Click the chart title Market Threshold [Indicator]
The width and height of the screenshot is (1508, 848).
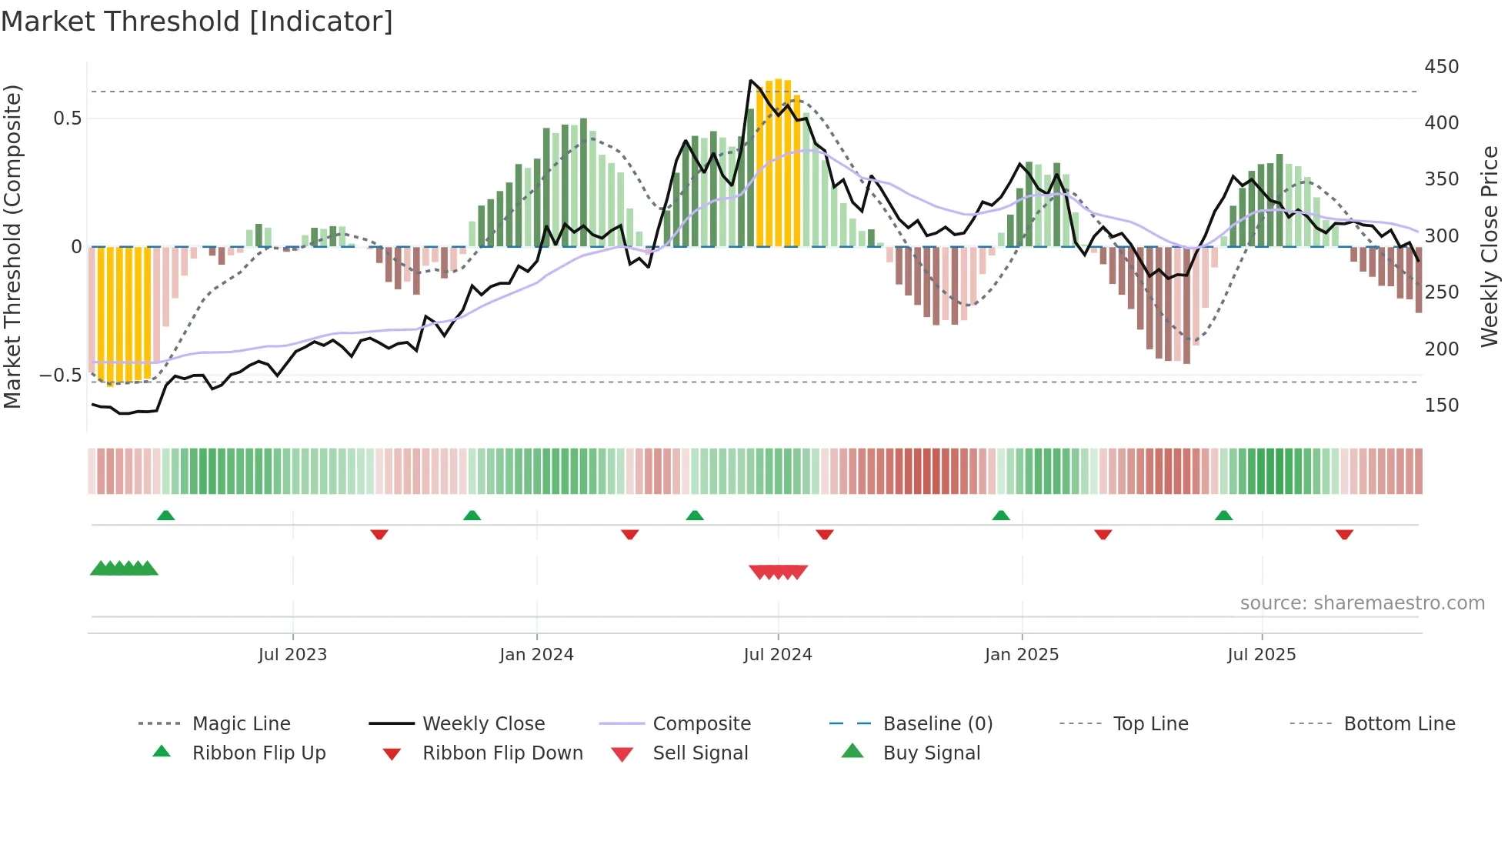pyautogui.click(x=197, y=22)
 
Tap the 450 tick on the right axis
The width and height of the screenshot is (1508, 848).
pyautogui.click(x=1441, y=67)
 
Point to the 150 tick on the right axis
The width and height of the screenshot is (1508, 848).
pyautogui.click(x=1441, y=406)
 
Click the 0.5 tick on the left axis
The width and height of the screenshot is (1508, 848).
pyautogui.click(x=67, y=119)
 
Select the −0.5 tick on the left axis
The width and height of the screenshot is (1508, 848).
pyautogui.click(x=61, y=376)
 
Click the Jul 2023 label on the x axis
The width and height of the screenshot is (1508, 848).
pyautogui.click(x=292, y=655)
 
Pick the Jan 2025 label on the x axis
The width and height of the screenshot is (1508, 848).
pyautogui.click(x=1021, y=655)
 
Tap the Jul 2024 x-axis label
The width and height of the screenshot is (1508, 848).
pyautogui.click(x=777, y=655)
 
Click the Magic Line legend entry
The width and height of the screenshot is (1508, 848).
pyautogui.click(x=241, y=724)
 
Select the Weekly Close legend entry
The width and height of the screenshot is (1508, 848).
pyautogui.click(x=483, y=724)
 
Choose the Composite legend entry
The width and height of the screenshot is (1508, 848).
pyautogui.click(x=701, y=724)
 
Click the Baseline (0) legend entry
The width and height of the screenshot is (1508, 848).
pyautogui.click(x=937, y=724)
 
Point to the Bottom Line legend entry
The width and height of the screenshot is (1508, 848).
pyautogui.click(x=1399, y=724)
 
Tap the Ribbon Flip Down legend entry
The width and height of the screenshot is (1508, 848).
pyautogui.click(x=502, y=753)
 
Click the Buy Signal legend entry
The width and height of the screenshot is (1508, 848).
pyautogui.click(x=931, y=753)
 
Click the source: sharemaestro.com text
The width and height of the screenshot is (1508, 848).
pyautogui.click(x=1362, y=603)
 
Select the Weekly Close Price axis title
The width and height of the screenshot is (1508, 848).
pyautogui.click(x=1490, y=246)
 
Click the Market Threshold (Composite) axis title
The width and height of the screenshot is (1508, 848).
pyautogui.click(x=12, y=246)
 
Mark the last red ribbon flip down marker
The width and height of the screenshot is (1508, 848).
pyautogui.click(x=1344, y=534)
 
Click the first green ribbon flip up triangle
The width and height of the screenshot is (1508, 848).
pyautogui.click(x=165, y=516)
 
